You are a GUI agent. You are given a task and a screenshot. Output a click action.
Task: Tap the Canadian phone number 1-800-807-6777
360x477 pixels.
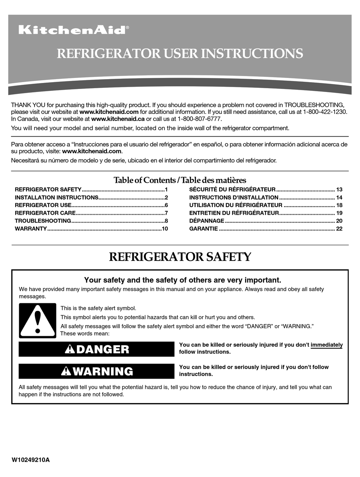click(x=197, y=119)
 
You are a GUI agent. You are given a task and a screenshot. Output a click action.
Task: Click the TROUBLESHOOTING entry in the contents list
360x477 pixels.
click(x=43, y=221)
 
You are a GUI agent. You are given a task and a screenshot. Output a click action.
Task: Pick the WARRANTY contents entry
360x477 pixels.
click(x=31, y=229)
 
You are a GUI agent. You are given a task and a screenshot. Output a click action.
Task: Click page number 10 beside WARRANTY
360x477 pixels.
click(x=164, y=229)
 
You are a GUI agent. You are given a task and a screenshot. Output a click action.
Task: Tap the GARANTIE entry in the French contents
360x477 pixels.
click(x=203, y=229)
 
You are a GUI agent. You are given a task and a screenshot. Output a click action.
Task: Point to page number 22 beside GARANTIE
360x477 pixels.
click(x=339, y=229)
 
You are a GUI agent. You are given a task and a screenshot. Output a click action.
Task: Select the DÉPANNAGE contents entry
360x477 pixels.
click(x=207, y=221)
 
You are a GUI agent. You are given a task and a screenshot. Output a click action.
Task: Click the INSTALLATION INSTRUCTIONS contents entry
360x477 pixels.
click(x=56, y=197)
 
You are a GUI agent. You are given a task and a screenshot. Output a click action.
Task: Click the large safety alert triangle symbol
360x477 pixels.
click(x=38, y=321)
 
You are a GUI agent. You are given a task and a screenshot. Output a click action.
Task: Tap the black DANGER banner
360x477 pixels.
click(x=97, y=349)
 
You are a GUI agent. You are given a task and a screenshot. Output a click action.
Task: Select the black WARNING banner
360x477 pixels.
click(x=97, y=371)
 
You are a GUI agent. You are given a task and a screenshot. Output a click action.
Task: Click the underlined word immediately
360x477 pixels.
click(x=326, y=345)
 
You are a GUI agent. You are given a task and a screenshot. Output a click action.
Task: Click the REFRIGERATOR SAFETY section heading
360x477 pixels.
click(x=180, y=257)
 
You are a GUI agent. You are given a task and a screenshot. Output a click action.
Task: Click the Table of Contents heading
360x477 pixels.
click(x=180, y=180)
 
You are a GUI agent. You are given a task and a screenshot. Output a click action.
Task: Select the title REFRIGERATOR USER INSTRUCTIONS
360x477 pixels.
click(x=180, y=53)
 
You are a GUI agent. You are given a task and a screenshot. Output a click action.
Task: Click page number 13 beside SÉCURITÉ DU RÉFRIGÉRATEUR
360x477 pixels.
click(x=339, y=189)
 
